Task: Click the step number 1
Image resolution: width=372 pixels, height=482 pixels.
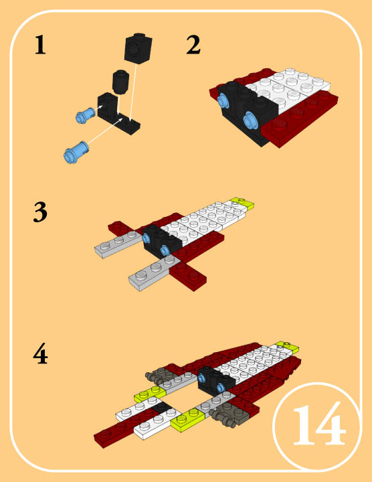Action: point(40,46)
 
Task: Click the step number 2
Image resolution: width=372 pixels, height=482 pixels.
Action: point(193,46)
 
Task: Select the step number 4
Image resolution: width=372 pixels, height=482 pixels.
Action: point(40,354)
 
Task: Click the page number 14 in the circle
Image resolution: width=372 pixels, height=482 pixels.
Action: point(318,426)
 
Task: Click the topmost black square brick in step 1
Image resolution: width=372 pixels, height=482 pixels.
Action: point(138,50)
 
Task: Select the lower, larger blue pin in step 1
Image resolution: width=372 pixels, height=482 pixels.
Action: point(75,152)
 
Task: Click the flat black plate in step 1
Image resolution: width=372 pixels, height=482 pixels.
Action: point(130,123)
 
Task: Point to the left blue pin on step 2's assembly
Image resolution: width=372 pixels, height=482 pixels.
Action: point(223,100)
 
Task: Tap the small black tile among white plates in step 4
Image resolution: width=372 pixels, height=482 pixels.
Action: point(160,407)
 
